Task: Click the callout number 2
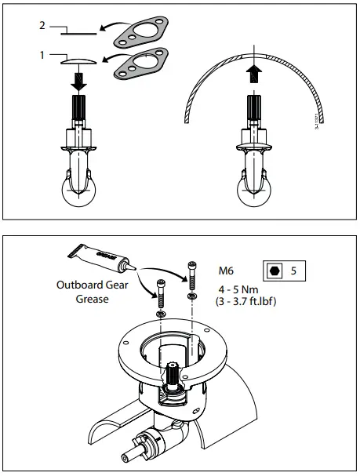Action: pyautogui.click(x=41, y=25)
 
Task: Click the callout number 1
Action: pyautogui.click(x=41, y=56)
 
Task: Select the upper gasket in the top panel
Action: pyautogui.click(x=140, y=34)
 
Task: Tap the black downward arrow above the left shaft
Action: pyautogui.click(x=81, y=79)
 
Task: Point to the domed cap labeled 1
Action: pyautogui.click(x=80, y=60)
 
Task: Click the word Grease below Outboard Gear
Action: pyautogui.click(x=92, y=298)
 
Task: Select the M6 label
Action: pyautogui.click(x=227, y=271)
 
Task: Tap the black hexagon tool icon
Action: pyautogui.click(x=273, y=271)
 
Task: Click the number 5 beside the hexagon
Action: pyautogui.click(x=293, y=271)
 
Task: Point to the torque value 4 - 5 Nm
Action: pyautogui.click(x=239, y=288)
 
